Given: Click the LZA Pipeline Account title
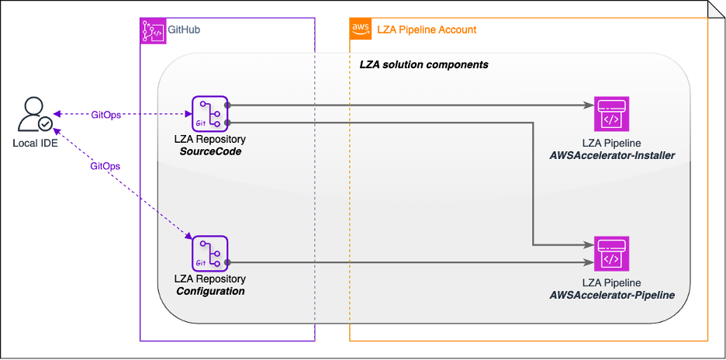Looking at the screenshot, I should [x=426, y=30].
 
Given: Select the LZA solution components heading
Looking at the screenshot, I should [x=423, y=64].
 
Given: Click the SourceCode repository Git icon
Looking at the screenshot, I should [x=210, y=115].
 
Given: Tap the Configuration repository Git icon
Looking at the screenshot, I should [x=210, y=254].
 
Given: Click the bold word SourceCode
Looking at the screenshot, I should [x=211, y=151].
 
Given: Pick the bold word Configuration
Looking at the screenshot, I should [x=211, y=291].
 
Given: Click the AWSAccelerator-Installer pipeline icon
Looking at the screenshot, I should [x=611, y=115].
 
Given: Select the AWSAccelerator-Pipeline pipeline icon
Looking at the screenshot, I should [x=611, y=254].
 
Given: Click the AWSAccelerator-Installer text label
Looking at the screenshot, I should [x=611, y=156].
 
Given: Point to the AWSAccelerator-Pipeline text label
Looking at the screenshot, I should [x=611, y=295].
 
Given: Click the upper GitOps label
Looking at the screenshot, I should [x=105, y=115].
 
